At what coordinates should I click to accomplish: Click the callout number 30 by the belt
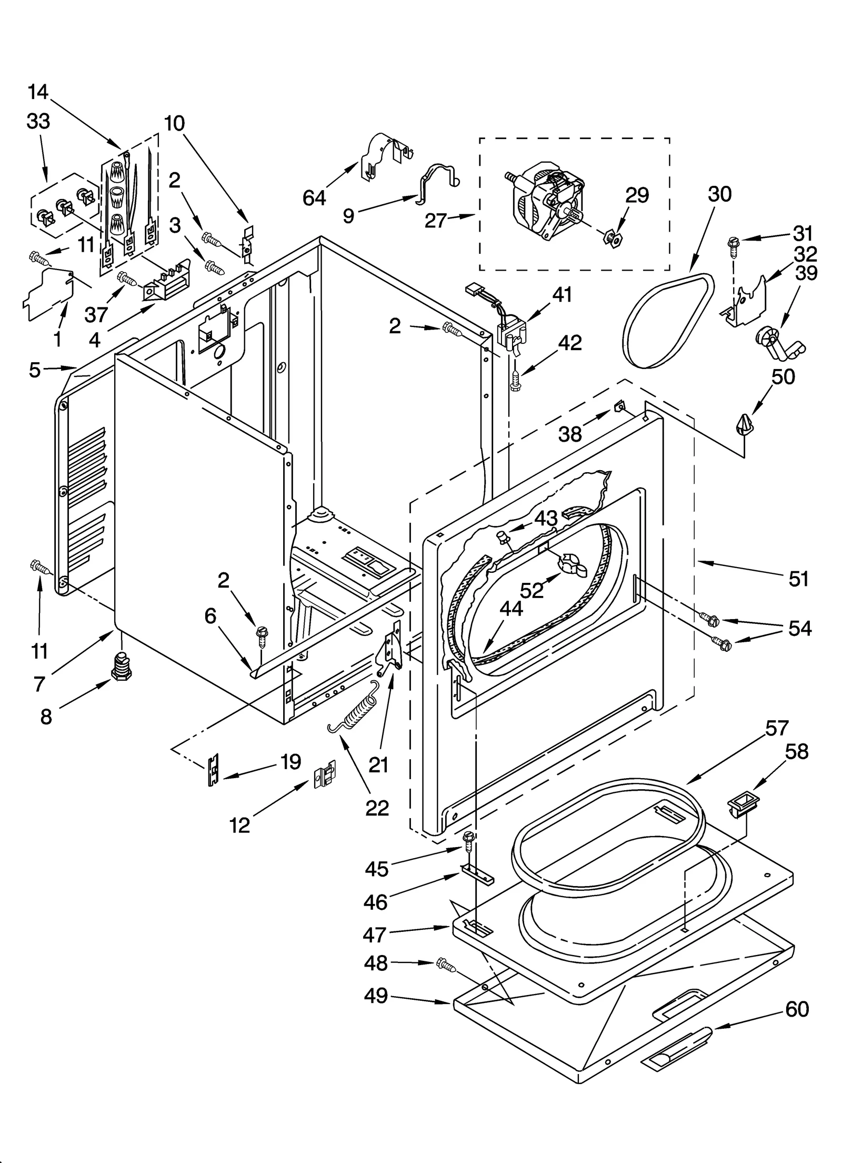pyautogui.click(x=719, y=194)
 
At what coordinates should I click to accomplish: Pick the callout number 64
pyautogui.click(x=314, y=198)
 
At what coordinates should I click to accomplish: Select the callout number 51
pyautogui.click(x=798, y=579)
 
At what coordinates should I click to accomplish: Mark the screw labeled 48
pyautogui.click(x=445, y=964)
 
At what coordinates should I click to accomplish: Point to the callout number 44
pyautogui.click(x=511, y=608)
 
